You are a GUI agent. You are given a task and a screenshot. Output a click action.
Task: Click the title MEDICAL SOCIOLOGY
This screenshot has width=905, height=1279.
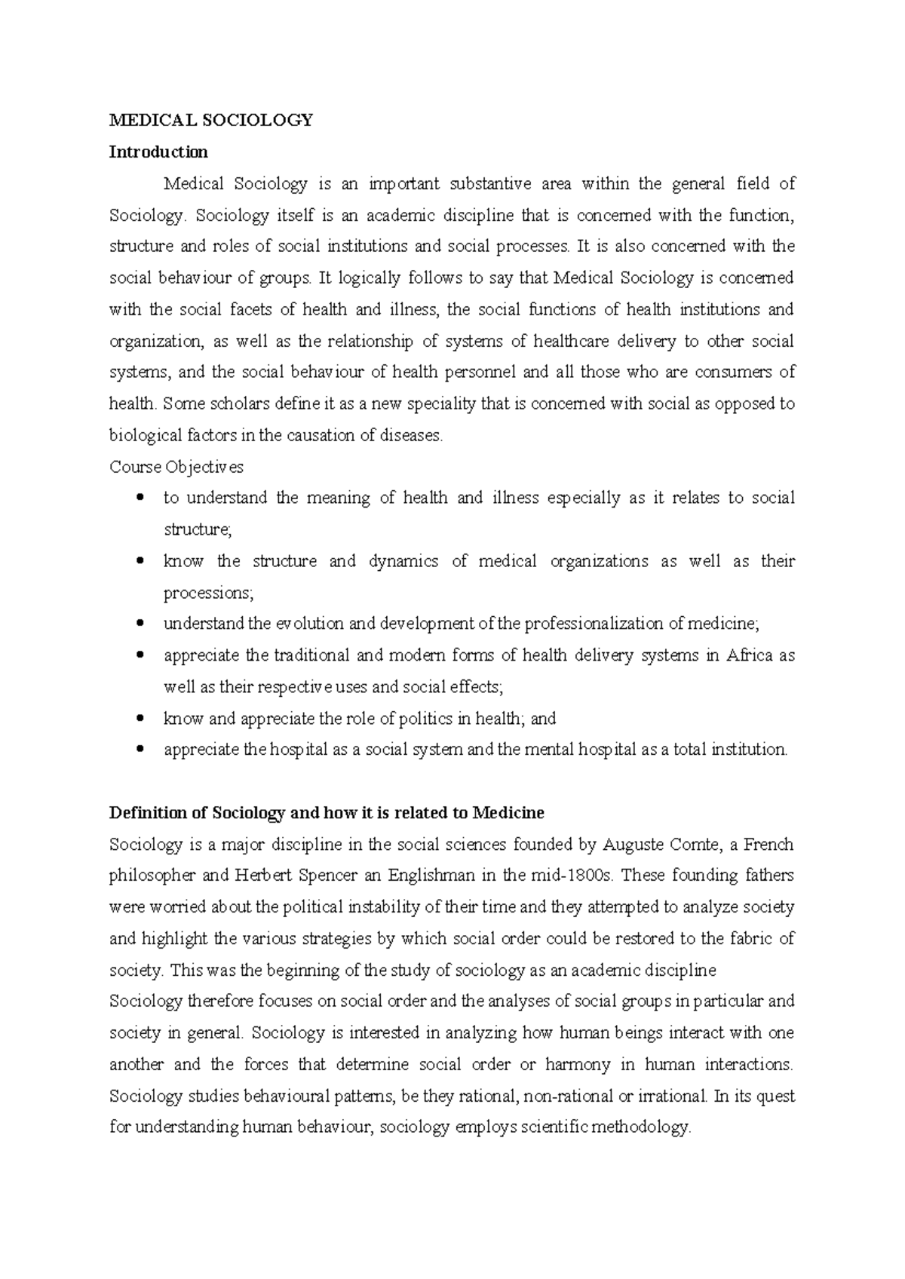[210, 120]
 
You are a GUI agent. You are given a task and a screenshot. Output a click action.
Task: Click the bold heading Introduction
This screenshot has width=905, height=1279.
[158, 152]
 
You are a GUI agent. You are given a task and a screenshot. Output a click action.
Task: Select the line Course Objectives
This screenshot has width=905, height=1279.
[176, 467]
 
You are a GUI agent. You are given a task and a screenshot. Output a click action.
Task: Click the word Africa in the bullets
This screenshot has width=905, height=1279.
[749, 655]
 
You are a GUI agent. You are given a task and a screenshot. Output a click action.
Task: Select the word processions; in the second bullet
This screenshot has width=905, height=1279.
[209, 593]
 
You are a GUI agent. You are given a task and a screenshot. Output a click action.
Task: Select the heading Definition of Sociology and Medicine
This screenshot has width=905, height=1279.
[327, 813]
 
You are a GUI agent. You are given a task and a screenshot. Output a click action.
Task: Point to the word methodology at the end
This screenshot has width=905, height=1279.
[641, 1127]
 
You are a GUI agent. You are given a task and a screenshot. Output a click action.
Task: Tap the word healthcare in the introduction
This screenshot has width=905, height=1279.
[571, 341]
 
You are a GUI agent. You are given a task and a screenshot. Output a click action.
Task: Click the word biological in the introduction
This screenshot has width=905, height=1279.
[146, 435]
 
